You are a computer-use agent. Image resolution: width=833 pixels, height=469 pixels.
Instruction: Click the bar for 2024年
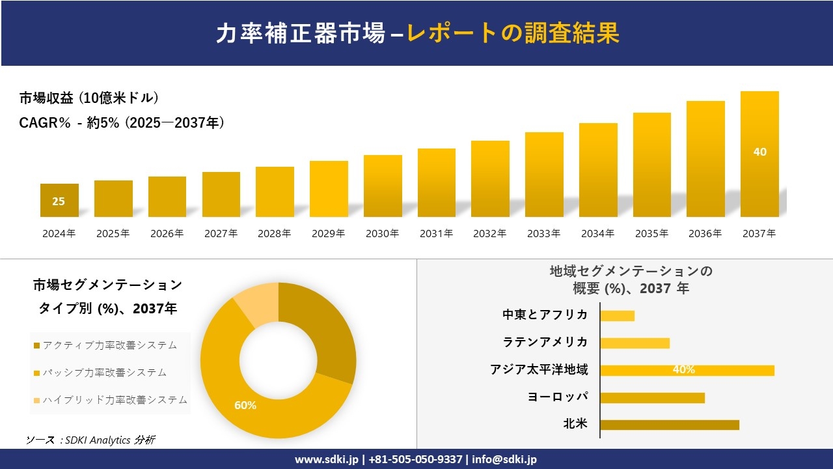[x=59, y=200]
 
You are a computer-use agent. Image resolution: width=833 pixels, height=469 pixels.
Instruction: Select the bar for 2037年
[x=759, y=154]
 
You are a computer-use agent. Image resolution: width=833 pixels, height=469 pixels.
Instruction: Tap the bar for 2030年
[x=383, y=186]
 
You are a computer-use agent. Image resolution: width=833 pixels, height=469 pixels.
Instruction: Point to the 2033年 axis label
[x=543, y=233]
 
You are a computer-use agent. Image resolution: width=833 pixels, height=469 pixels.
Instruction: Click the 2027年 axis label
[x=221, y=233]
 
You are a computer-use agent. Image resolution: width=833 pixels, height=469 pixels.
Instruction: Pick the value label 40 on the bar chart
[x=759, y=152]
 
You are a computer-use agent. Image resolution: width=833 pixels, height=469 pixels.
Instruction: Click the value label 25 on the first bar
[x=59, y=201]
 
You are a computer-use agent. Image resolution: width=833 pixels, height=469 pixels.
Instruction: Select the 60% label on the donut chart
[x=245, y=405]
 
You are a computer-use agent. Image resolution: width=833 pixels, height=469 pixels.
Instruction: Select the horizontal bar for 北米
[x=669, y=425]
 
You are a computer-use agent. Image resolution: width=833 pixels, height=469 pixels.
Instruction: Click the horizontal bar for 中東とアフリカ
[x=617, y=315]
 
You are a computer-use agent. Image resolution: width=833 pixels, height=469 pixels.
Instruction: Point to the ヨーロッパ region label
[x=558, y=397]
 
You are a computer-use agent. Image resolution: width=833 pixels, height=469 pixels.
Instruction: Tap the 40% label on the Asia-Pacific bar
[x=683, y=370]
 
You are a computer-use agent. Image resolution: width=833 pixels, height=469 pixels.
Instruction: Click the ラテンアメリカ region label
[x=545, y=342]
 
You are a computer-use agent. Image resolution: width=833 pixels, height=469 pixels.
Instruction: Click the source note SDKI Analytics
[x=90, y=440]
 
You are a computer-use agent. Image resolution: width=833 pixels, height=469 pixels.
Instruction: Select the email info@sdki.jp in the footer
[x=504, y=459]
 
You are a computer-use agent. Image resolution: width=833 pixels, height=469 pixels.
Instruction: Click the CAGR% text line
[x=122, y=122]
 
